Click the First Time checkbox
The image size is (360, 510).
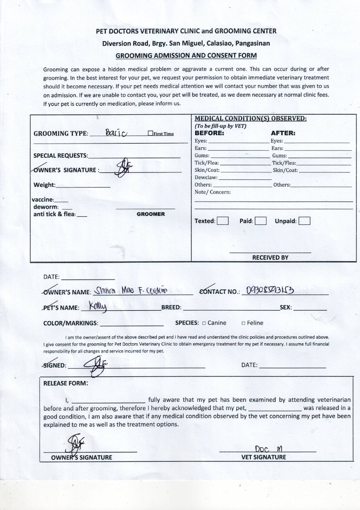(150, 134)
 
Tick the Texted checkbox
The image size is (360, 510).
(223, 221)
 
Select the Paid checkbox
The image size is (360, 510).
(261, 221)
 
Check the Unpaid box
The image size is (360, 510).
(305, 221)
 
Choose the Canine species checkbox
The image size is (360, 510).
(204, 323)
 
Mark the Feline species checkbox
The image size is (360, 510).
(243, 323)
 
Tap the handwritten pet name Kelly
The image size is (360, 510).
(98, 307)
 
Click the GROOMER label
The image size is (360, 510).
(151, 214)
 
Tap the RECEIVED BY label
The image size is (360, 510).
(270, 258)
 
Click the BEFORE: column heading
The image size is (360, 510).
(209, 133)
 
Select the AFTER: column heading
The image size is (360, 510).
(283, 133)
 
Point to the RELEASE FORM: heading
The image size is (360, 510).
(66, 383)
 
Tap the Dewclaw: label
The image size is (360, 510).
(206, 178)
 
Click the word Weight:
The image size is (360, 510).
(44, 185)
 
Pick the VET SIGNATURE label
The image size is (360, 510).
(264, 457)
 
